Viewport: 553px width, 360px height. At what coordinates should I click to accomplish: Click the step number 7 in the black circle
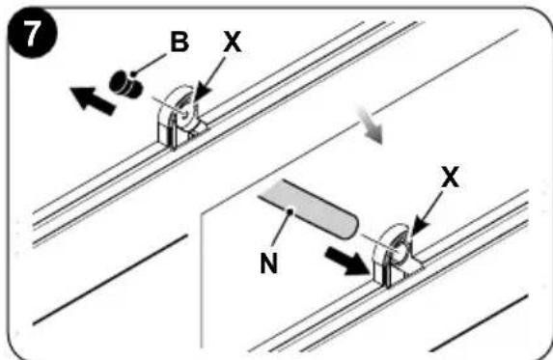click(32, 34)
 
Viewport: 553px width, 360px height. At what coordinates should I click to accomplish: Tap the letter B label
click(180, 42)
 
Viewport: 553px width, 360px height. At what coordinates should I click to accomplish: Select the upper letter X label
click(233, 42)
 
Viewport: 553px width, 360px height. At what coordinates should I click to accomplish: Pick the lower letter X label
click(451, 177)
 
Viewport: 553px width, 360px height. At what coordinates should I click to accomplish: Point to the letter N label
click(269, 263)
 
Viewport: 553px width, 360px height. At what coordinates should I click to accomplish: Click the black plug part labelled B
click(125, 84)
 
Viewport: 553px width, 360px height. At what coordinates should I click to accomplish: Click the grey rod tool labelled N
click(309, 209)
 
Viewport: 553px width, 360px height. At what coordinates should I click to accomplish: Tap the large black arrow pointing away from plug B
click(93, 100)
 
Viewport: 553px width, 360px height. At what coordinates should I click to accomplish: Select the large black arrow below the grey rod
click(347, 260)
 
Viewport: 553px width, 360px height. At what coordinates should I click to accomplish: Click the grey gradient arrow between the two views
click(370, 125)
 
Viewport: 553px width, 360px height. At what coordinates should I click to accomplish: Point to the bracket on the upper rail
click(180, 118)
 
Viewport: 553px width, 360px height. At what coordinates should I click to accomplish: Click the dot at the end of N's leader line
click(290, 211)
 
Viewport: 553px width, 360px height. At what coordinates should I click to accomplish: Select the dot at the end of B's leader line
click(133, 74)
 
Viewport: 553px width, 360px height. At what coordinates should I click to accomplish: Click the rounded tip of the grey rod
click(352, 227)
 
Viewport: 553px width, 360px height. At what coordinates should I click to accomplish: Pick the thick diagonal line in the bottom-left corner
click(110, 279)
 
